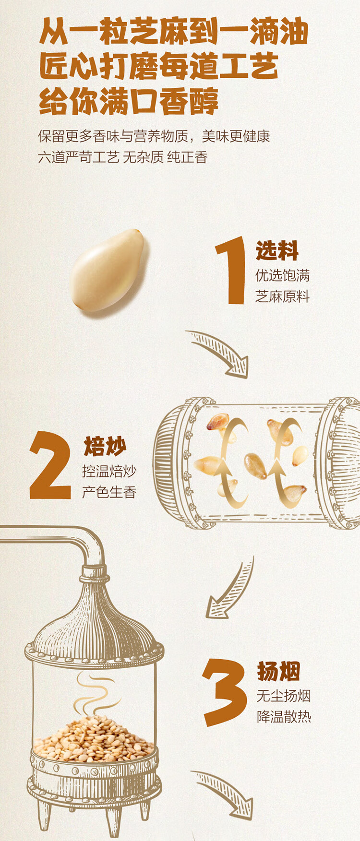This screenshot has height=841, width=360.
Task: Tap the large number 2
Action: (x=50, y=465)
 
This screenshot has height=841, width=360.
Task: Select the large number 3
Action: (x=224, y=692)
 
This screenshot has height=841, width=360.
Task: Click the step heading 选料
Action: (x=277, y=250)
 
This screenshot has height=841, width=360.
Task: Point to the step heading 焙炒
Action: (x=105, y=446)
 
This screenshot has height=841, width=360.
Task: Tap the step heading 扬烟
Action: (x=278, y=671)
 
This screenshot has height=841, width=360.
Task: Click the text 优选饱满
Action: (x=282, y=275)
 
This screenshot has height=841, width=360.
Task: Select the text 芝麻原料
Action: (x=282, y=296)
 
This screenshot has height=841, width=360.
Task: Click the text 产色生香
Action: (x=109, y=492)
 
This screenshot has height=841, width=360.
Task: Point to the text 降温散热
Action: (x=284, y=717)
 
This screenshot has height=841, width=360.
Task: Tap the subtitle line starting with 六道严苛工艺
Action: (x=122, y=157)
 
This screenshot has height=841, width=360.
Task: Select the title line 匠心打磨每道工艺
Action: (x=159, y=66)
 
